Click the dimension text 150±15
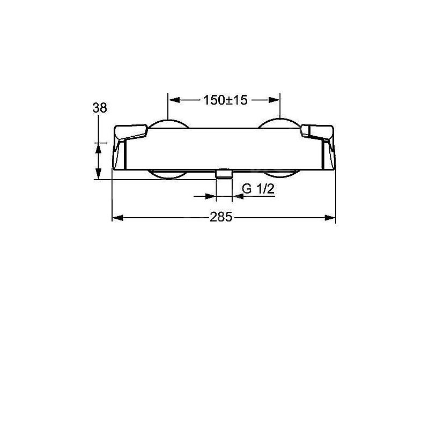coord(225,100)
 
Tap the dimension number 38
coord(99,108)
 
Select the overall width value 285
coord(221,217)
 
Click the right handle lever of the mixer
coord(317,132)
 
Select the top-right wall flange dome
coord(278,124)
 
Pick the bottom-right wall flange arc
coord(279,173)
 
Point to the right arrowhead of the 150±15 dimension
coord(275,100)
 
